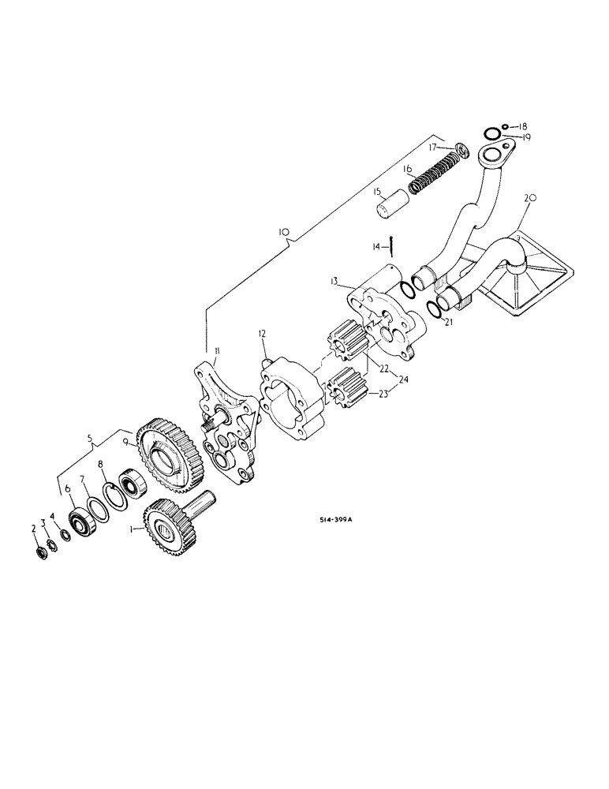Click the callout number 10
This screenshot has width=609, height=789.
[285, 233]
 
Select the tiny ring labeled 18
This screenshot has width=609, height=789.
[503, 125]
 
